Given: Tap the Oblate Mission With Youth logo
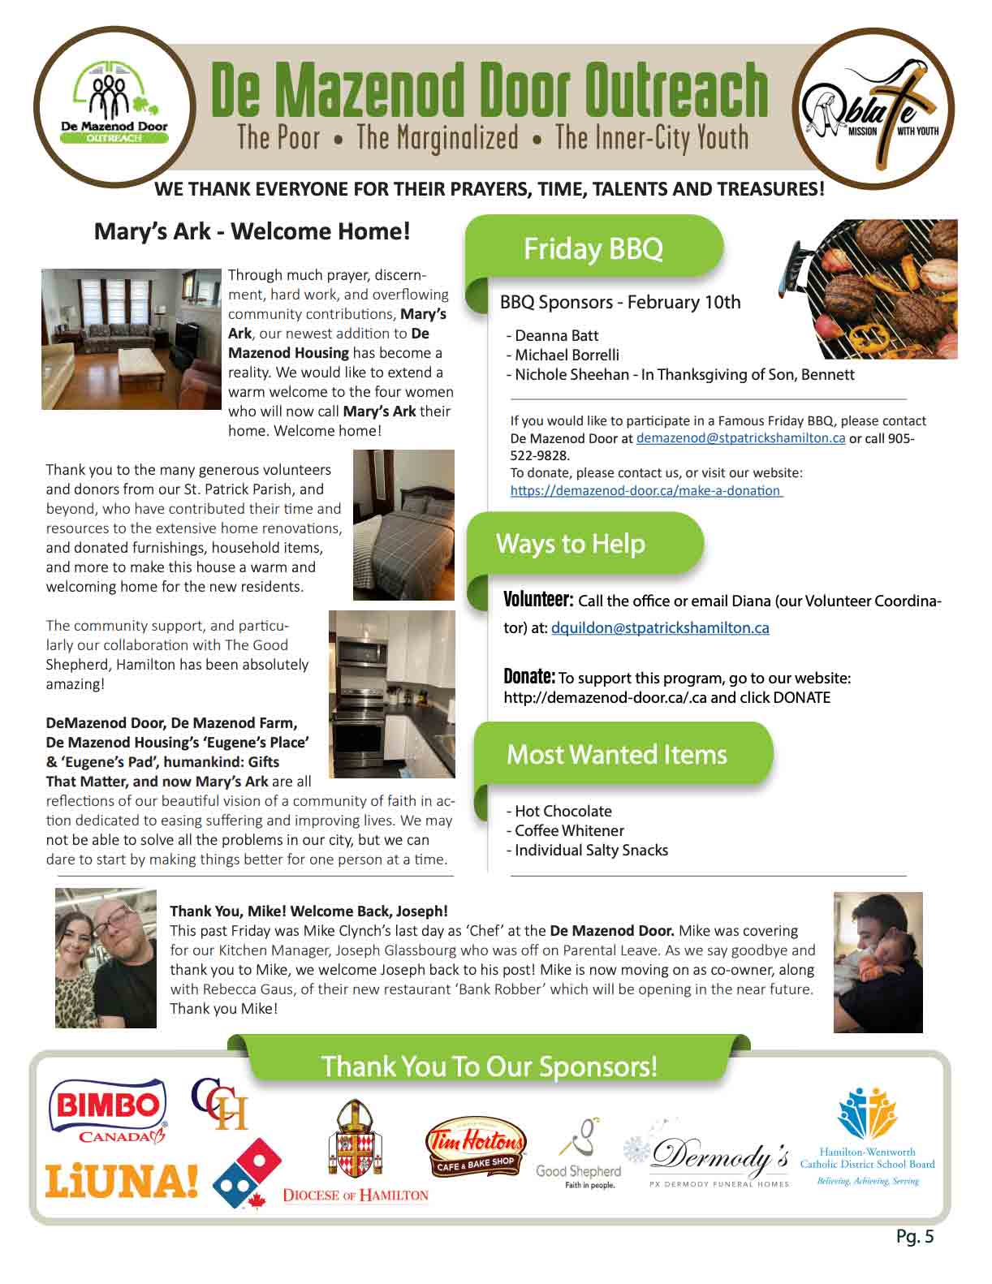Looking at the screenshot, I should coord(872,110).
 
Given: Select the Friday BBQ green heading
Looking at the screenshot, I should coord(593,248).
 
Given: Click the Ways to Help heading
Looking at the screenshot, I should coord(570,544).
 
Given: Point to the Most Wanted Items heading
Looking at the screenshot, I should coord(616,755).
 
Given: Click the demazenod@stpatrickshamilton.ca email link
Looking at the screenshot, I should coord(740,438).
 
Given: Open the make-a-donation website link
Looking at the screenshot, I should coord(646,491).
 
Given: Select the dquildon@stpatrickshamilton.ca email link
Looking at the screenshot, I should coord(660,628).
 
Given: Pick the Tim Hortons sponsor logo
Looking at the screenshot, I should coord(477,1140).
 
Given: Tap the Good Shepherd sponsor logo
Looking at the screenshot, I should coord(578,1154).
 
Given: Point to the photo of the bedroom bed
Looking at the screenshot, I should coord(403,524).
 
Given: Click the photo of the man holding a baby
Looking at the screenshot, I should coord(878,962).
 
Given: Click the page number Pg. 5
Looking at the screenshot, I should coord(915,1236).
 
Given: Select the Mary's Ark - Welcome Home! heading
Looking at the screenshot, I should coord(252,231).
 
